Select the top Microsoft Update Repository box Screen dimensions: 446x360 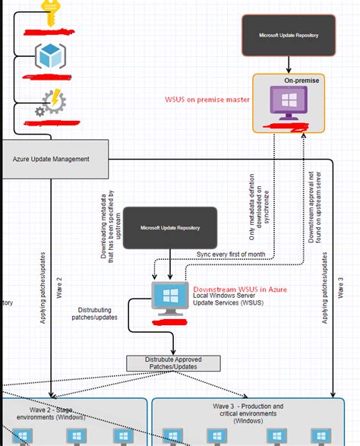click(288, 35)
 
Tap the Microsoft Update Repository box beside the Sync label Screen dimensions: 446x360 click(169, 227)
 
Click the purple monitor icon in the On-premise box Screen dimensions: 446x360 click(288, 101)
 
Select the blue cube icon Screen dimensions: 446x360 click(51, 55)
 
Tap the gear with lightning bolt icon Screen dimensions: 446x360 click(51, 105)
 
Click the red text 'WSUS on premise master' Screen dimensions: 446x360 click(207, 100)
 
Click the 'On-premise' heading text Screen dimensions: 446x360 click(302, 80)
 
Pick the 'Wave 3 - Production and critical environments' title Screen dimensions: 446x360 click(248, 413)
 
